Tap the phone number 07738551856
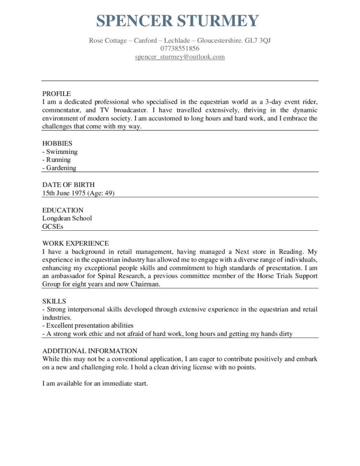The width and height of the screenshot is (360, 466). [x=180, y=49]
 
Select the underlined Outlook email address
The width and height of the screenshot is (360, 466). [x=180, y=57]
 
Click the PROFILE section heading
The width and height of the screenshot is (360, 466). [x=56, y=94]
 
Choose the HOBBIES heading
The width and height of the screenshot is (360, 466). [x=57, y=143]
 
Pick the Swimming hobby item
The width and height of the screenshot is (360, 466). [x=61, y=152]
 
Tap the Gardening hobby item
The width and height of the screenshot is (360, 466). [x=60, y=168]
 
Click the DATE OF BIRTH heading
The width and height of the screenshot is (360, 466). [x=68, y=185]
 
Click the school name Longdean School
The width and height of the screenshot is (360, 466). [x=67, y=218]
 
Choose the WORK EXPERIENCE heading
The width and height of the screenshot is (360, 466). [x=76, y=243]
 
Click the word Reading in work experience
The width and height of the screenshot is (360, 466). [x=292, y=251]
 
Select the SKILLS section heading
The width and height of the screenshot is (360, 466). [x=54, y=301]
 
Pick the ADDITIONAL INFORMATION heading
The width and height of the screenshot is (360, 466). [x=90, y=350]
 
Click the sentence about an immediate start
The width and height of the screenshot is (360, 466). [x=95, y=384]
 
